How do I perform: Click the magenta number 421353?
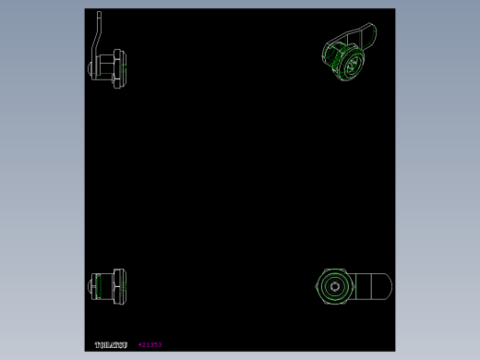[150, 344]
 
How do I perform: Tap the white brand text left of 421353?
[110, 344]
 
